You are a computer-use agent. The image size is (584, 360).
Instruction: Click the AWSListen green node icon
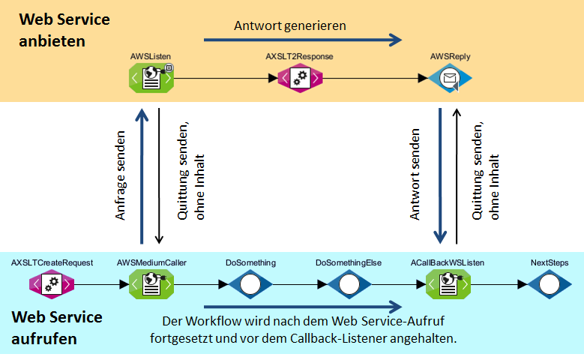[x=150, y=77]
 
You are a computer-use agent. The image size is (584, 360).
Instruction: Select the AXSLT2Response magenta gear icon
[x=300, y=77]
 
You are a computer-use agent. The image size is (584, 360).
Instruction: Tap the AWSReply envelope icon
[x=450, y=77]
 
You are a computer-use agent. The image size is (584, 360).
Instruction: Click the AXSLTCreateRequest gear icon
[x=52, y=284]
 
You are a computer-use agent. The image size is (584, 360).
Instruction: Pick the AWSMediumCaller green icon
[x=151, y=284]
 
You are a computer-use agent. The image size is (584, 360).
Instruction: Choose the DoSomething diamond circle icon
[x=250, y=284]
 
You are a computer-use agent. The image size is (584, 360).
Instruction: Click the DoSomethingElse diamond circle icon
[x=349, y=284]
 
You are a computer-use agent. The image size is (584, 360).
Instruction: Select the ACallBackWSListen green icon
[x=448, y=284]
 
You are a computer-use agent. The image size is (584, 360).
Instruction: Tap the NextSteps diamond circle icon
[x=549, y=284]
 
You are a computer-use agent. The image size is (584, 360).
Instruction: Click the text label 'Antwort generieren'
[x=289, y=25]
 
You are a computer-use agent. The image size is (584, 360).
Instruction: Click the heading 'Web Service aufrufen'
[x=57, y=328]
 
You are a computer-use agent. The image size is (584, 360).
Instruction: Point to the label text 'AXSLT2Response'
[x=299, y=56]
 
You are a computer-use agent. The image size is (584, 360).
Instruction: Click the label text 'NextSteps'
[x=549, y=262]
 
